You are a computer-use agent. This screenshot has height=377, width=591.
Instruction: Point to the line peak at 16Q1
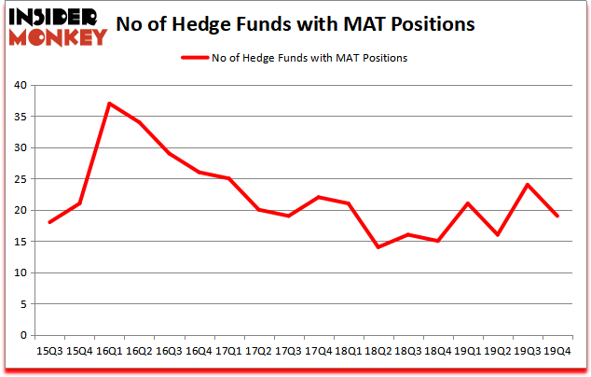(109, 104)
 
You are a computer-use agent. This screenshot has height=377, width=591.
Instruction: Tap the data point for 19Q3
(527, 185)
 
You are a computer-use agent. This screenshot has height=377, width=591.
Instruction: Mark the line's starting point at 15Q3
(49, 222)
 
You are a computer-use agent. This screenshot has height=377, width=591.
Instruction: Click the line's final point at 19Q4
(557, 216)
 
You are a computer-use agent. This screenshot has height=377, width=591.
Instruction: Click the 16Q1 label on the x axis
(109, 353)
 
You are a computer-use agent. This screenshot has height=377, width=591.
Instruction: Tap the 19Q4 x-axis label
(557, 353)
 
